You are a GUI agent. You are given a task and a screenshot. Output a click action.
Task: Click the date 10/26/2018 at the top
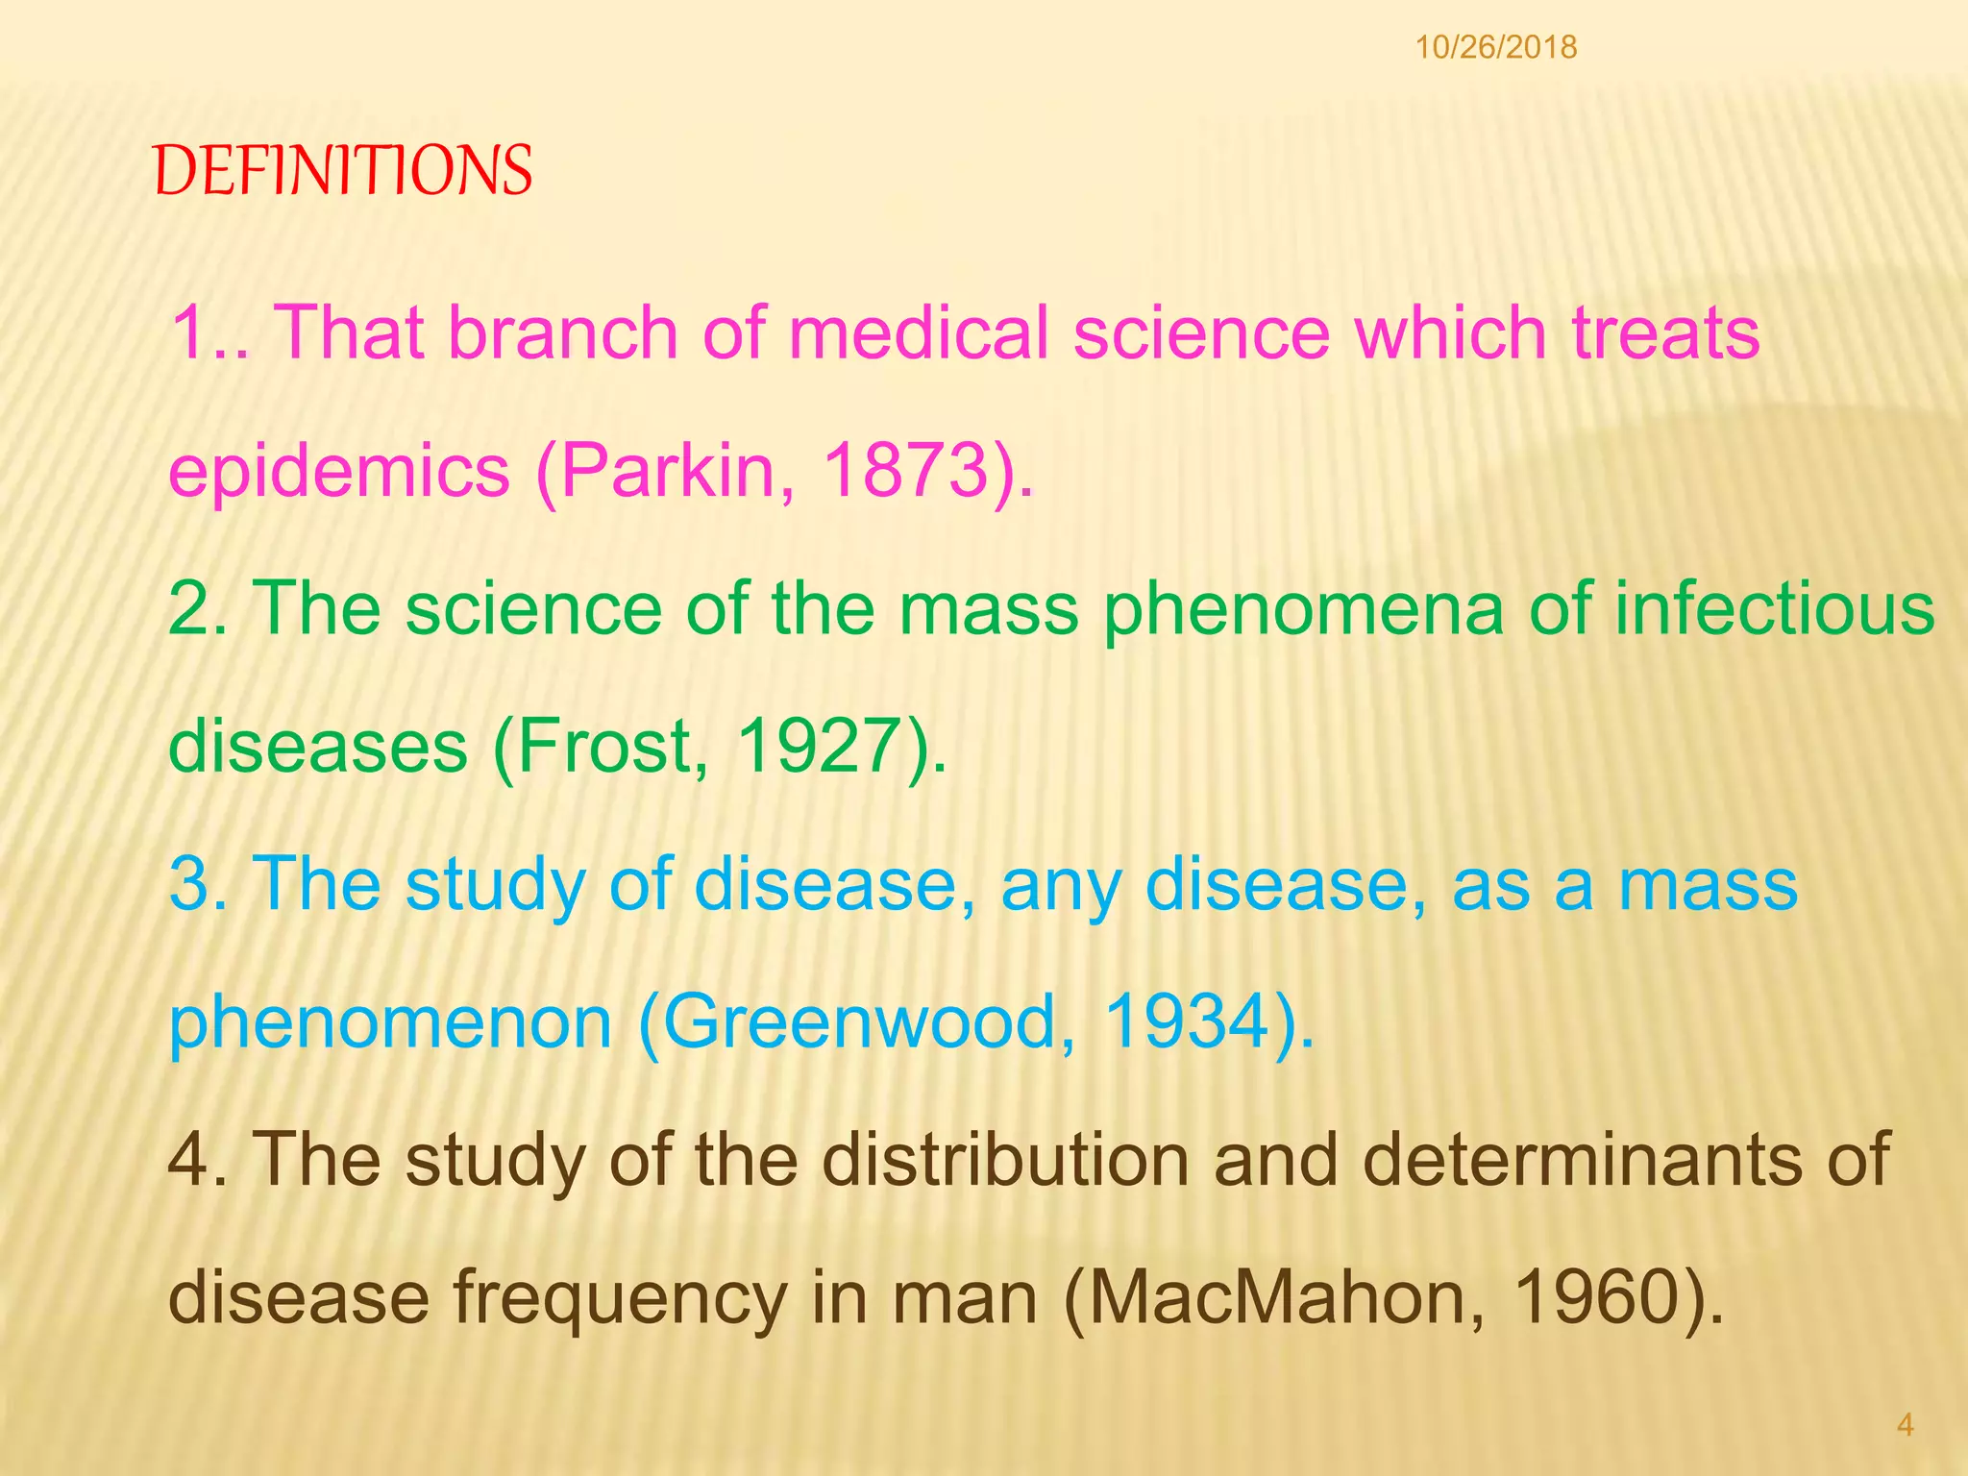click(1495, 47)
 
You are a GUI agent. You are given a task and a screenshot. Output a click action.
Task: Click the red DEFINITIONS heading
click(342, 171)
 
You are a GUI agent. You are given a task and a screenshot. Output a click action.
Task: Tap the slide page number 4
click(1905, 1424)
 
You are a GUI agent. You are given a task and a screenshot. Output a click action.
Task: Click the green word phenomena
click(1303, 611)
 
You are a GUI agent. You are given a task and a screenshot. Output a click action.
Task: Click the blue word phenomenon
click(390, 1023)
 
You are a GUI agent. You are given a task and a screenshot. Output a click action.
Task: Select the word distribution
click(1004, 1159)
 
